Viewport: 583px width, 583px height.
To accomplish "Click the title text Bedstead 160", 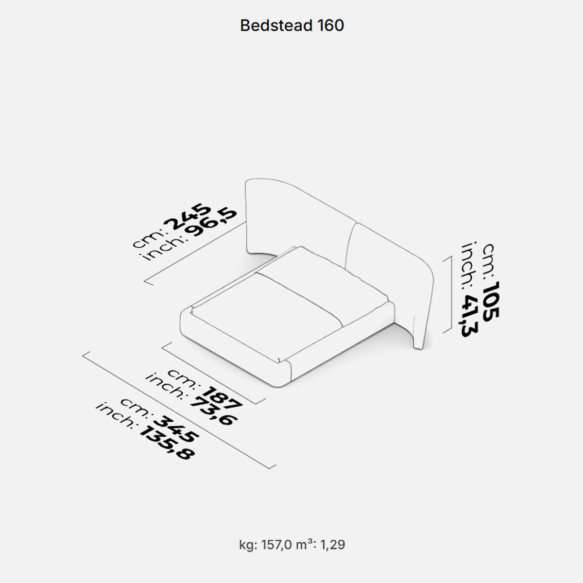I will [292, 26].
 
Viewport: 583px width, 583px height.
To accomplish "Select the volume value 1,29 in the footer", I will [333, 545].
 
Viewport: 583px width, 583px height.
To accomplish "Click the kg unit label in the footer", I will [246, 545].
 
